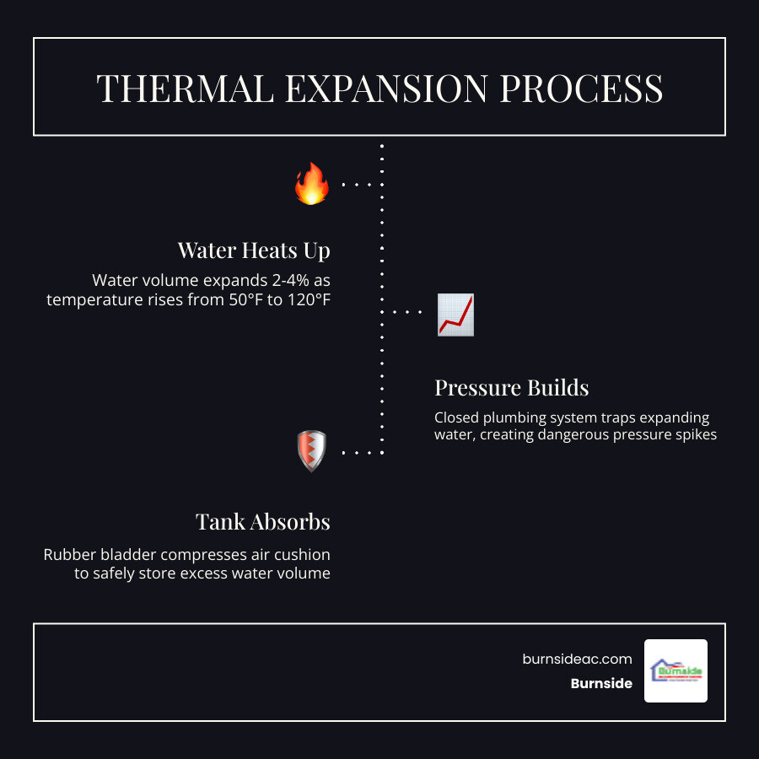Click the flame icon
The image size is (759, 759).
click(x=311, y=184)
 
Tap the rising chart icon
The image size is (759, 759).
click(x=455, y=315)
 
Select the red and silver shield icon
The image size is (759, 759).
click(x=311, y=451)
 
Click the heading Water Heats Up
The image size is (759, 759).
click(x=253, y=250)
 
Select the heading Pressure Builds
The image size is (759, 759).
click(x=511, y=387)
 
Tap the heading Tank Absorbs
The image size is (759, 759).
click(x=262, y=521)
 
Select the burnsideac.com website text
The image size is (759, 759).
click(x=577, y=659)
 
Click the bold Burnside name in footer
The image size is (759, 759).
click(x=600, y=683)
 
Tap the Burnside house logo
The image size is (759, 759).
click(x=676, y=670)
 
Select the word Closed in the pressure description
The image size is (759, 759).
click(x=455, y=417)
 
